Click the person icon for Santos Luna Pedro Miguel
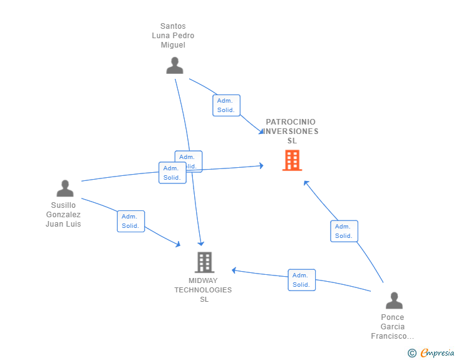175,66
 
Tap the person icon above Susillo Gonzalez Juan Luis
65,188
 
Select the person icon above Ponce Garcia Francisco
394,301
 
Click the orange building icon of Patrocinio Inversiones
292,160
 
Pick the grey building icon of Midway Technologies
204,262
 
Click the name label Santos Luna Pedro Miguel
173,36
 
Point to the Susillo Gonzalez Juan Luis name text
63,214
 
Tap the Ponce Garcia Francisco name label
393,327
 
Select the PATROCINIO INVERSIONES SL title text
291,131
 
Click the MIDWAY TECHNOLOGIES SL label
203,290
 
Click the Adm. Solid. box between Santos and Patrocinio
226,105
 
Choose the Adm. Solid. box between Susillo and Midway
131,221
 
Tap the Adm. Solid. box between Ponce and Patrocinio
344,231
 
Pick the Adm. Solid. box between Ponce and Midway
301,280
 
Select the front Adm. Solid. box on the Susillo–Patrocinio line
172,173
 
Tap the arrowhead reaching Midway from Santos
201,243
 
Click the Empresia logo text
437,353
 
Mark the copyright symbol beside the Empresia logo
412,353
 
